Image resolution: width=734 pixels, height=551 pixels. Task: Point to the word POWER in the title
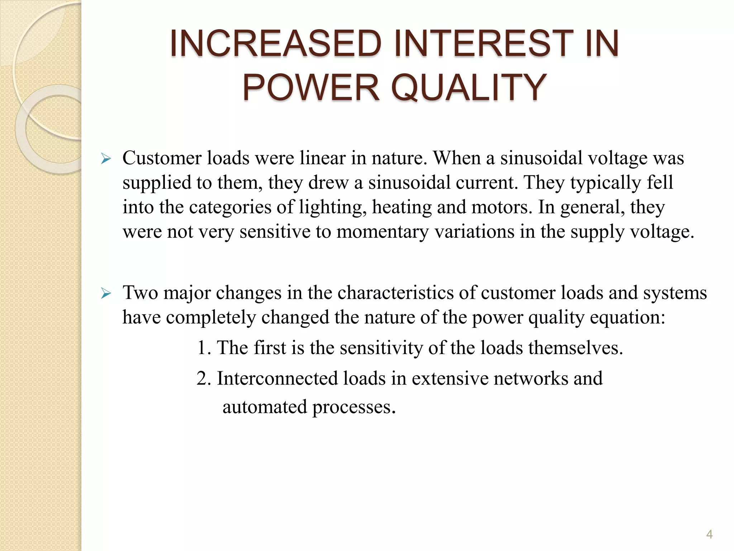click(310, 87)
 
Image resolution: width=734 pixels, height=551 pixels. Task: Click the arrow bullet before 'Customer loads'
click(106, 158)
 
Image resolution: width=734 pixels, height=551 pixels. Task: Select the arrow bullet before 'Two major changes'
click(106, 293)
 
